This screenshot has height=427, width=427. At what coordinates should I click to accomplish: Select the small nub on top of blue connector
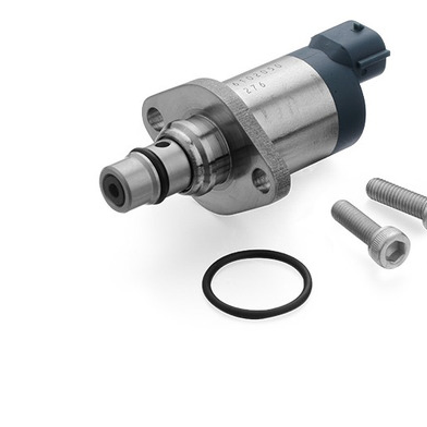click(358, 27)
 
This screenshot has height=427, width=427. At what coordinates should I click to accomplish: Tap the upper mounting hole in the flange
click(154, 118)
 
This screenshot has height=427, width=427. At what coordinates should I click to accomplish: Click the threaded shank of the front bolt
click(354, 219)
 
